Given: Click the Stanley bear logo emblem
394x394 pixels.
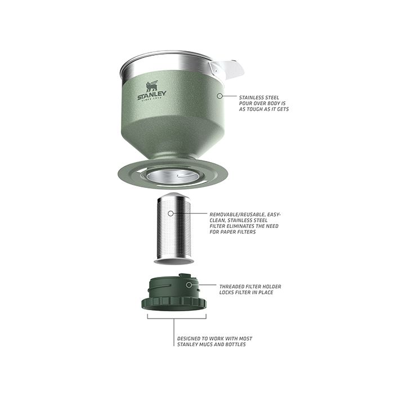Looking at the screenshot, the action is click(152, 86).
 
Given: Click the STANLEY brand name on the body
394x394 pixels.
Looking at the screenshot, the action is click(152, 95).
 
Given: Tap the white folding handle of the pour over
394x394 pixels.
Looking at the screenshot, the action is click(227, 69).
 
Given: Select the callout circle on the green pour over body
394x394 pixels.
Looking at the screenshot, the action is click(220, 96).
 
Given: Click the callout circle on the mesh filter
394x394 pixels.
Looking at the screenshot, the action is click(171, 213).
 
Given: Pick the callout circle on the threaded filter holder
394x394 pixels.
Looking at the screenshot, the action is click(189, 285).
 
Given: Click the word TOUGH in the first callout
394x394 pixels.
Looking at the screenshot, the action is click(260, 109).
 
